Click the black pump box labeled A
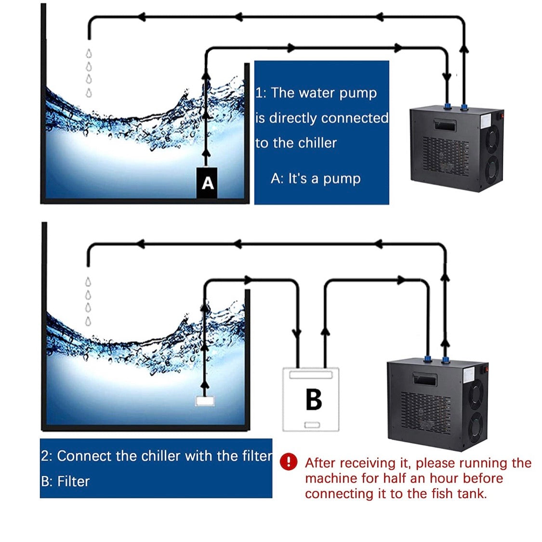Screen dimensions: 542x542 (x=207, y=183)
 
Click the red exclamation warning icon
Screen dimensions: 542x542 (x=289, y=462)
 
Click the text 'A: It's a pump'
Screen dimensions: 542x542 (x=316, y=179)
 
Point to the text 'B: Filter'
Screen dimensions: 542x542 (x=66, y=481)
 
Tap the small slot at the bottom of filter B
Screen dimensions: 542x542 (x=312, y=424)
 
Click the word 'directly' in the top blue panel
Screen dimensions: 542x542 (x=293, y=118)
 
